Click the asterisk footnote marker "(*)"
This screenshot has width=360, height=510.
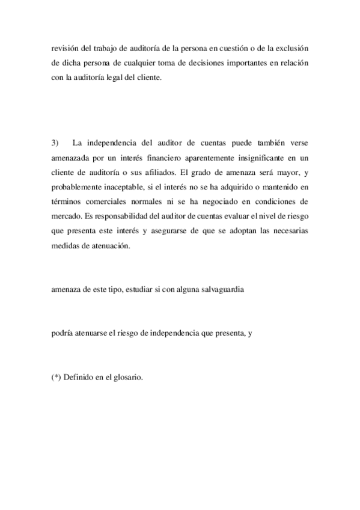(x=56, y=378)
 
